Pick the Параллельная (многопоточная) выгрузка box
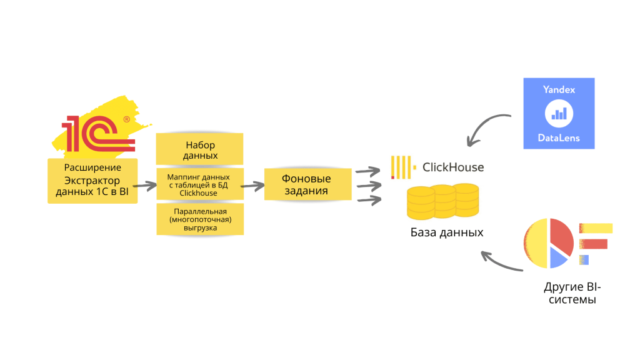click(200, 219)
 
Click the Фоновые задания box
click(306, 184)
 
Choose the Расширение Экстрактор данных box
click(92, 181)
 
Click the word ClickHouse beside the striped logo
click(453, 167)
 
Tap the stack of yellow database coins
click(442, 201)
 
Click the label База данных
click(447, 232)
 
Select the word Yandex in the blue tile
click(559, 90)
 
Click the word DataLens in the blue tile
click(559, 137)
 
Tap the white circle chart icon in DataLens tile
click(559, 114)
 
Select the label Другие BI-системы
click(572, 294)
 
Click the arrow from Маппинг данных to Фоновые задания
click(251, 186)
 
